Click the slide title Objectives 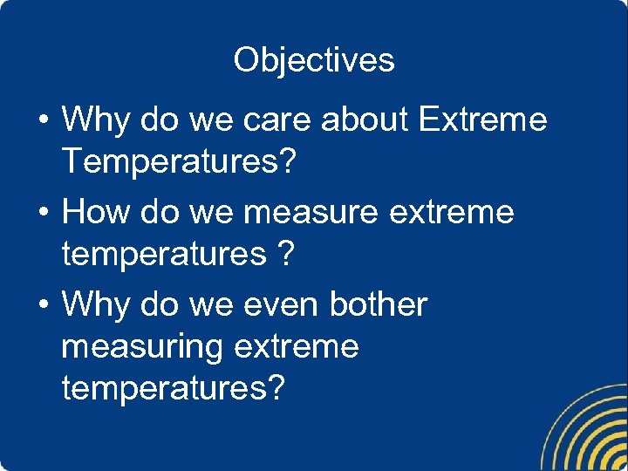tap(314, 60)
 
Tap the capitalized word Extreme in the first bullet tap(482, 119)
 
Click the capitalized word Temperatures tap(166, 160)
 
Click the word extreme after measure tap(452, 211)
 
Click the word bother tap(379, 304)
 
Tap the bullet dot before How tap(43, 212)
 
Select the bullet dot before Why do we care tap(43, 120)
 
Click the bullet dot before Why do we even tap(43, 305)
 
